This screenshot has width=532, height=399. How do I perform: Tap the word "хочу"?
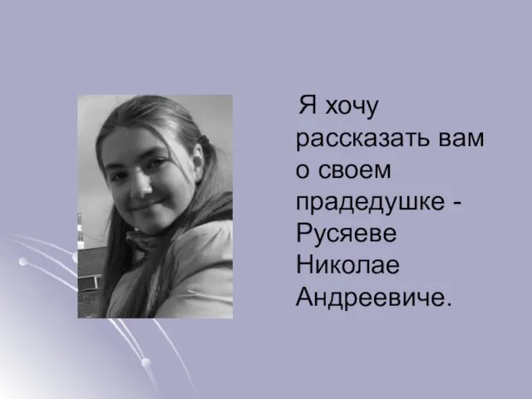[352, 108]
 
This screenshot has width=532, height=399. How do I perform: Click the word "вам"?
[461, 139]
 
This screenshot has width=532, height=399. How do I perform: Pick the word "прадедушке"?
[370, 204]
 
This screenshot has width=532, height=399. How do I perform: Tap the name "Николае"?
[347, 264]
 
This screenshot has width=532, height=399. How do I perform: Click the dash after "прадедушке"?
[456, 204]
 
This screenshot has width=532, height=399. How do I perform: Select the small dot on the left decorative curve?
[23, 261]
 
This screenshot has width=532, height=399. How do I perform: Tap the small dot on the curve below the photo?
[146, 362]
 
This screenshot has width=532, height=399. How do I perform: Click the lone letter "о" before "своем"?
[302, 171]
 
